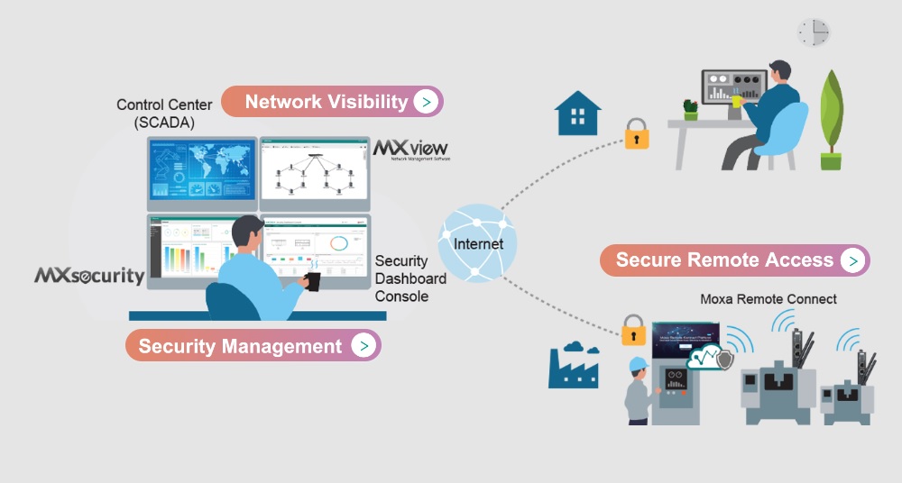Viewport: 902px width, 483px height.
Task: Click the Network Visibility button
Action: (x=331, y=102)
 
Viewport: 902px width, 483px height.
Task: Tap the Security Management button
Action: (x=253, y=346)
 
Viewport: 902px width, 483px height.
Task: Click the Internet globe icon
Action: (x=477, y=243)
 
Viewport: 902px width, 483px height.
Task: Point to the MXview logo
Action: (x=410, y=150)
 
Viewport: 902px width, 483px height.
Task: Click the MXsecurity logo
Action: (x=89, y=276)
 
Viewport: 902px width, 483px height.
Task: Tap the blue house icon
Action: (x=577, y=113)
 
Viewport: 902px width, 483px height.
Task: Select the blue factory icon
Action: (x=573, y=365)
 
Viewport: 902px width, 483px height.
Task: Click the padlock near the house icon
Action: (x=637, y=133)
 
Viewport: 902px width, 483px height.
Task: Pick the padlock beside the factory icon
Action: (x=634, y=330)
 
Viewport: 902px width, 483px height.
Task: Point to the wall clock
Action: (x=813, y=32)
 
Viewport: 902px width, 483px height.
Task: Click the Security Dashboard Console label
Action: (x=410, y=278)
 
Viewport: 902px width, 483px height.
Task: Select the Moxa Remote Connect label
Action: (x=769, y=298)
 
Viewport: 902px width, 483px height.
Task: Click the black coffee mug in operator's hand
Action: (x=312, y=281)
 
